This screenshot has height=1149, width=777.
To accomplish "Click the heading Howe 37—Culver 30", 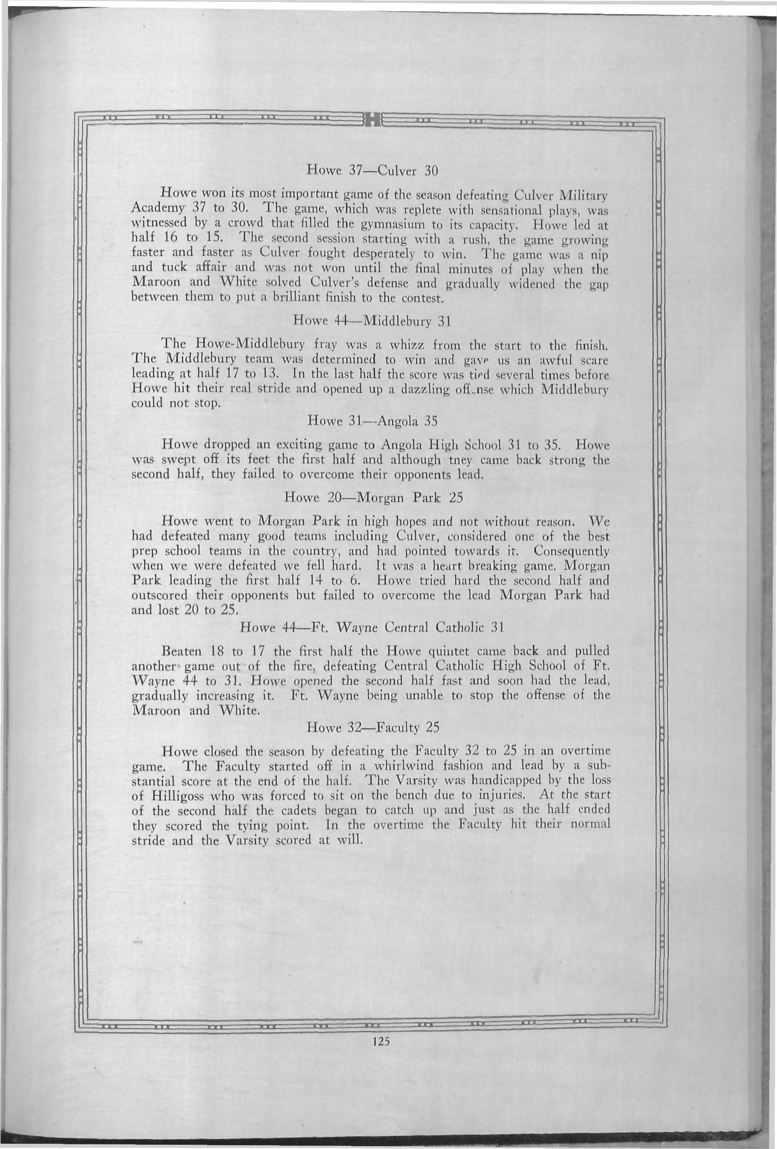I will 372,172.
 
